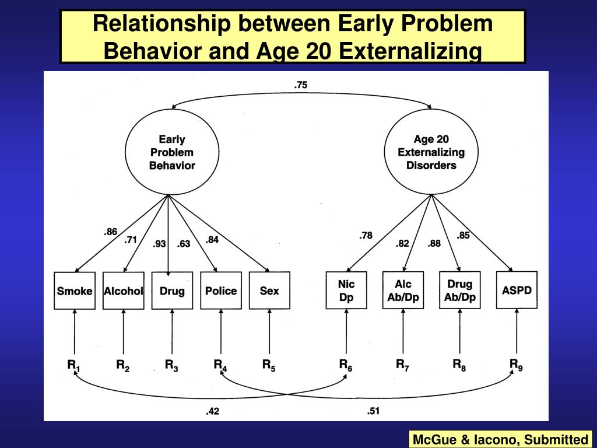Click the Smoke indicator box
[75, 290]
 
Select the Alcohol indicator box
[123, 290]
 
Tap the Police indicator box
[221, 290]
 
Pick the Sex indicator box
[269, 290]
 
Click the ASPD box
[517, 290]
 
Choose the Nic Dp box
[346, 290]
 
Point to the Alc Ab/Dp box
[403, 290]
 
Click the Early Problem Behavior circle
[171, 152]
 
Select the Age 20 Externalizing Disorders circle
[431, 152]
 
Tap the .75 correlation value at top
[300, 85]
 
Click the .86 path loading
[111, 232]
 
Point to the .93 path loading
[159, 244]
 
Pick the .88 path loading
[434, 243]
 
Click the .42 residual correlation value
[212, 411]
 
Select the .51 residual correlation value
[373, 411]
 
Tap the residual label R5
[269, 366]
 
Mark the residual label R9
[516, 365]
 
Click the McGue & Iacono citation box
[500, 439]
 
